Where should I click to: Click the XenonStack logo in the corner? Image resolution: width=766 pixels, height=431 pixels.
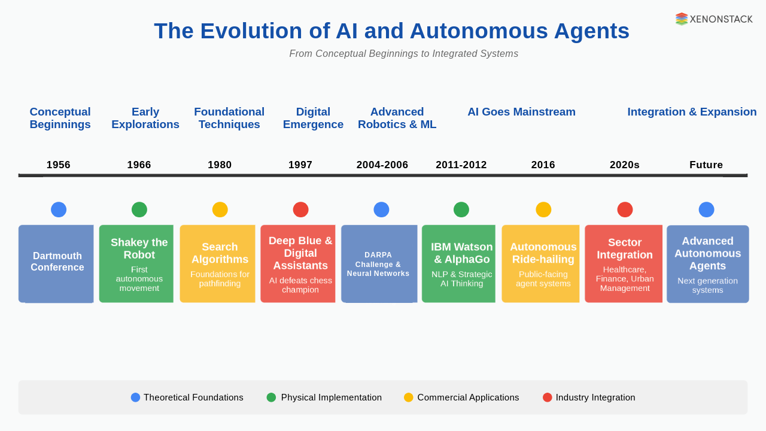pyautogui.click(x=714, y=19)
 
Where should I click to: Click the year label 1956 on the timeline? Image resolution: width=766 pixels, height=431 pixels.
pyautogui.click(x=59, y=165)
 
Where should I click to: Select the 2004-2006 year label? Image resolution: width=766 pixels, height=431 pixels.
pyautogui.click(x=382, y=165)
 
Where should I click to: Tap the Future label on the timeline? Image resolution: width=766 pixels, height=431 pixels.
pyautogui.click(x=706, y=165)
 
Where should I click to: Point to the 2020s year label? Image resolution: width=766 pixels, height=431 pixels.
pyautogui.click(x=625, y=165)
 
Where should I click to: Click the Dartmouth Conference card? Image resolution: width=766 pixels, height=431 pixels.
pyautogui.click(x=57, y=263)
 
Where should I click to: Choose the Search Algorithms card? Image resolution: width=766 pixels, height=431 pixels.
pyautogui.click(x=218, y=263)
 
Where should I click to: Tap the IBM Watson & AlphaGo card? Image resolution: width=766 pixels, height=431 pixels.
pyautogui.click(x=460, y=263)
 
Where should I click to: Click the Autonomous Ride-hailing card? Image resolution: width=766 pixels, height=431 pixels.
pyautogui.click(x=542, y=263)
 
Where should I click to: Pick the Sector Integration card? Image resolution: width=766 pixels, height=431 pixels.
pyautogui.click(x=624, y=263)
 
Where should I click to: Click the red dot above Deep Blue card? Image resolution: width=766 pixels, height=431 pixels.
pyautogui.click(x=300, y=210)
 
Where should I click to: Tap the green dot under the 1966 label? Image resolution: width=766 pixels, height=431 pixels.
pyautogui.click(x=139, y=210)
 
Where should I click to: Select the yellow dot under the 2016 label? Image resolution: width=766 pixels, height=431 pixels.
pyautogui.click(x=543, y=210)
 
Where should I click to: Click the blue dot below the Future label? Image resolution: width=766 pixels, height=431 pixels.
pyautogui.click(x=706, y=210)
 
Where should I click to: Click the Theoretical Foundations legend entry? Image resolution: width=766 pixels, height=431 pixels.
pyautogui.click(x=187, y=397)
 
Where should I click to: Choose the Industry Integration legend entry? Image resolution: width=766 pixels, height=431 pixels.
pyautogui.click(x=589, y=397)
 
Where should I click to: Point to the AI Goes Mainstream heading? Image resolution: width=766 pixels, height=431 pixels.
pyautogui.click(x=521, y=112)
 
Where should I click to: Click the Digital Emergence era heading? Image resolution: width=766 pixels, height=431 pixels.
pyautogui.click(x=313, y=118)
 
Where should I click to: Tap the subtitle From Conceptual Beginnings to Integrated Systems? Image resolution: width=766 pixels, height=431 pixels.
pyautogui.click(x=404, y=54)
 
